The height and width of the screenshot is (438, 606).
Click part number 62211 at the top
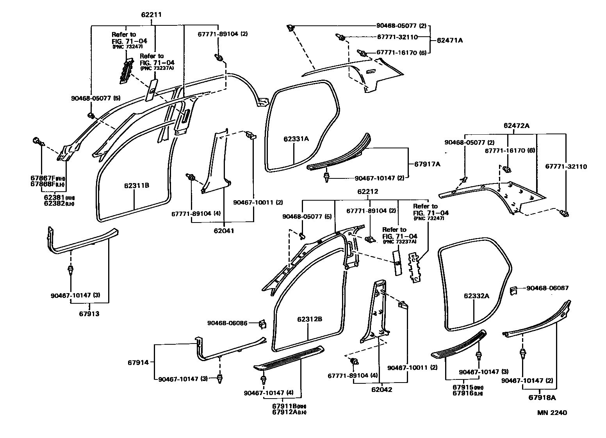tap(151, 15)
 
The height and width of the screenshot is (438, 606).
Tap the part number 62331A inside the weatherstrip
tap(296, 139)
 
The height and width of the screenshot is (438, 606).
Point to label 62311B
tap(137, 185)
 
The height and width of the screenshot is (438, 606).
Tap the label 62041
tap(224, 231)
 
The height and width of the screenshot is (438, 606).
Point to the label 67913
tap(89, 313)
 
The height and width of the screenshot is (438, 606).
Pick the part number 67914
tap(138, 362)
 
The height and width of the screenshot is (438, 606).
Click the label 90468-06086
tap(227, 323)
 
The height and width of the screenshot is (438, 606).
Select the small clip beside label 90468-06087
tap(514, 291)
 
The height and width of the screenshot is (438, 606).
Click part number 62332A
tap(476, 296)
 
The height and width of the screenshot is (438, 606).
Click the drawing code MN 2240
tap(552, 413)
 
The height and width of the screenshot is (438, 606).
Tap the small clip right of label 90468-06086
tap(262, 323)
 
